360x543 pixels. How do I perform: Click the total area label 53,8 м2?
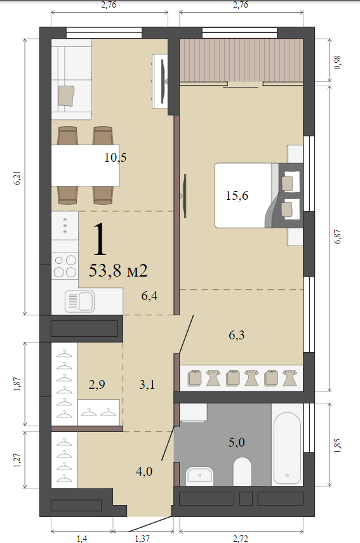coord(118,270)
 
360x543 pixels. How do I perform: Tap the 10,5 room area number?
coord(116,157)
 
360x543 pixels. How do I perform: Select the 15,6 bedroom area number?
coord(237,195)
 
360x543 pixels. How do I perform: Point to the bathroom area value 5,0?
coord(237,442)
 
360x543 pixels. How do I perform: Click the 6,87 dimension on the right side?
coord(338,237)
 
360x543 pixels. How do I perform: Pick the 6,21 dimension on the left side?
coord(17,178)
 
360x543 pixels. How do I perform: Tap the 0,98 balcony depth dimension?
coord(338,62)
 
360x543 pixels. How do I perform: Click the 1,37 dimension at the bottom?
coord(142,538)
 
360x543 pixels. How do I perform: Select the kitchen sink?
coord(80,301)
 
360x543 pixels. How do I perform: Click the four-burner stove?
coord(65,266)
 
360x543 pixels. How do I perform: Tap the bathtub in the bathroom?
coord(287,448)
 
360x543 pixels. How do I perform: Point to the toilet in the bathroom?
coord(242,471)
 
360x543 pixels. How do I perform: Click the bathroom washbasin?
coord(199,476)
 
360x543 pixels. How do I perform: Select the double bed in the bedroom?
coord(259,195)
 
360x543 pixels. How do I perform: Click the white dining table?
coord(86,165)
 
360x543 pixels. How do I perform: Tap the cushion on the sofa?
coord(66,96)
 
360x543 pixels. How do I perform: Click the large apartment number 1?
coord(100,239)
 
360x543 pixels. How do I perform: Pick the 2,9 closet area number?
coord(97,384)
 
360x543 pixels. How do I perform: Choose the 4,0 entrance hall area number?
coord(144,471)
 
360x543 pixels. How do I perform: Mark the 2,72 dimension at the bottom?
coord(241,538)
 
